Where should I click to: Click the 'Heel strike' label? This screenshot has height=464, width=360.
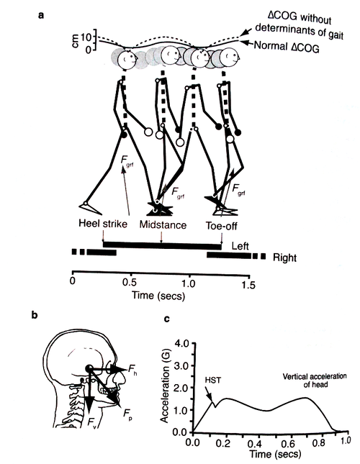(x=103, y=224)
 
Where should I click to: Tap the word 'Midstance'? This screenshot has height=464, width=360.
(x=163, y=225)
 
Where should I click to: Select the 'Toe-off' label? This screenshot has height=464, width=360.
(x=222, y=227)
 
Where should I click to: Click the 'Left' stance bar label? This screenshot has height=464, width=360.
(x=240, y=246)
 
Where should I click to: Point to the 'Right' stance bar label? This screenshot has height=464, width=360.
(x=284, y=258)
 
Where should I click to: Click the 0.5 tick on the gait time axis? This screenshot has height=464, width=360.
(x=130, y=283)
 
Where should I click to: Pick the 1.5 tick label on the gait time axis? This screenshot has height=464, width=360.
(x=248, y=285)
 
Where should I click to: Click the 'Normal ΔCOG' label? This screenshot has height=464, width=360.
(x=287, y=47)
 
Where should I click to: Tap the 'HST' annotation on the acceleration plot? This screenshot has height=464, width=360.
(x=213, y=380)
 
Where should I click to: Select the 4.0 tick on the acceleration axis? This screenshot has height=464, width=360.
(x=181, y=344)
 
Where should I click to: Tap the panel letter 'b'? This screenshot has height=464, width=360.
(x=35, y=316)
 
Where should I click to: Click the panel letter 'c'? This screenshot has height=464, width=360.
(x=167, y=319)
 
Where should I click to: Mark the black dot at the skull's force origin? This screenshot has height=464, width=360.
(x=89, y=368)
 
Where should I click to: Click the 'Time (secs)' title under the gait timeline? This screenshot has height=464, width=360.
(x=158, y=296)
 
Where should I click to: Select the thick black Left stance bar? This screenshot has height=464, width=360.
(x=162, y=245)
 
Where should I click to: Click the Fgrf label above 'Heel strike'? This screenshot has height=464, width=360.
(x=127, y=162)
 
